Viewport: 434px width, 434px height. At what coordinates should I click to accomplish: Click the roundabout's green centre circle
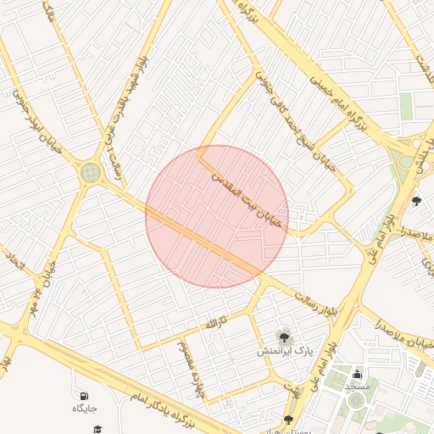point(91,173)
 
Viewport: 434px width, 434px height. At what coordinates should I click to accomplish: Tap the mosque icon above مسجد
point(357,374)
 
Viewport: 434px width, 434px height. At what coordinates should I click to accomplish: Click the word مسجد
point(357,386)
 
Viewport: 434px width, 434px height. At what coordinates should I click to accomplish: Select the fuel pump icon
point(83,396)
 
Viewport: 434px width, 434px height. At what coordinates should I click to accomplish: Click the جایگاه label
point(84,409)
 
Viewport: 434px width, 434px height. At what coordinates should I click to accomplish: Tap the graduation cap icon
point(97,430)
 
